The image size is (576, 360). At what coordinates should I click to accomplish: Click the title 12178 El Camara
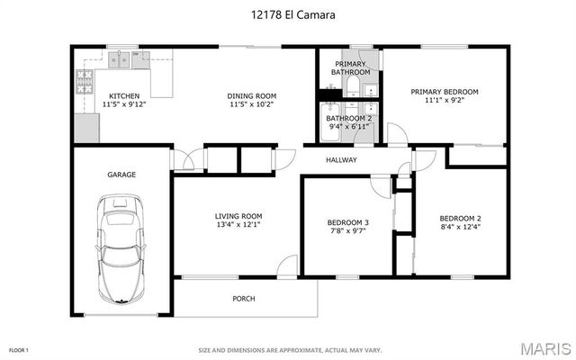pos(288,15)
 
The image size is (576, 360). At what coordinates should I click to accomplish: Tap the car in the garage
pos(121,249)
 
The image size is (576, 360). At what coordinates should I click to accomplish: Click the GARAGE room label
pos(121,175)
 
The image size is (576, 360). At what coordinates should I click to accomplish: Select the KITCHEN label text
pos(124,95)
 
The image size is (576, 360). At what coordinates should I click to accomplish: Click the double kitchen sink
pos(122,61)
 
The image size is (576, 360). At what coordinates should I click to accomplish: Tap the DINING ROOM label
pos(253,95)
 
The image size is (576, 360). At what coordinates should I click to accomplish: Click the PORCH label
pos(243,299)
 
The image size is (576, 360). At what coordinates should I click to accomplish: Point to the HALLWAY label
pos(341,160)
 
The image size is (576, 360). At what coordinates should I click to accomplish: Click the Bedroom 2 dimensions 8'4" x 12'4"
pos(460,228)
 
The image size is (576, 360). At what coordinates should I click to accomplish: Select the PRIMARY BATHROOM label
pos(350,67)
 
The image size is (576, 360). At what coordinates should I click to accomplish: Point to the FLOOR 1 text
pos(19,349)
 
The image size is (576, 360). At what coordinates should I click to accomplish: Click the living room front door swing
pos(288,265)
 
